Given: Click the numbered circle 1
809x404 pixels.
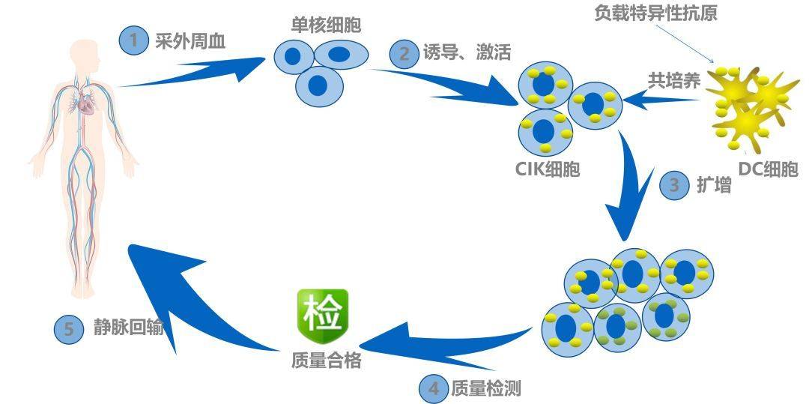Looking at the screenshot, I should [x=134, y=40].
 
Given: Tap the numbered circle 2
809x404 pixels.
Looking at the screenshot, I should [x=404, y=54].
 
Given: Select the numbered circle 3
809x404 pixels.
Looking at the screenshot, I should [x=674, y=185].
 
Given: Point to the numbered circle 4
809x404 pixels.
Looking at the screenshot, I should [x=433, y=388].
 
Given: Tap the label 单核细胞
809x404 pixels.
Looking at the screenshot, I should [x=326, y=25].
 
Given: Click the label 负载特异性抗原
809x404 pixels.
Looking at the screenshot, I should [x=655, y=13].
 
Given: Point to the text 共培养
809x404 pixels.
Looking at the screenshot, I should [x=673, y=80].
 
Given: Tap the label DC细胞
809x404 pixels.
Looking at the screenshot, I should [x=768, y=169].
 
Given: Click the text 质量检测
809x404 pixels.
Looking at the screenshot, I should [x=485, y=388].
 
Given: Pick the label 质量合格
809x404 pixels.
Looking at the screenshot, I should [x=327, y=361].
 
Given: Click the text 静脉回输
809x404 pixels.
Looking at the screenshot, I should [x=128, y=329].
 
